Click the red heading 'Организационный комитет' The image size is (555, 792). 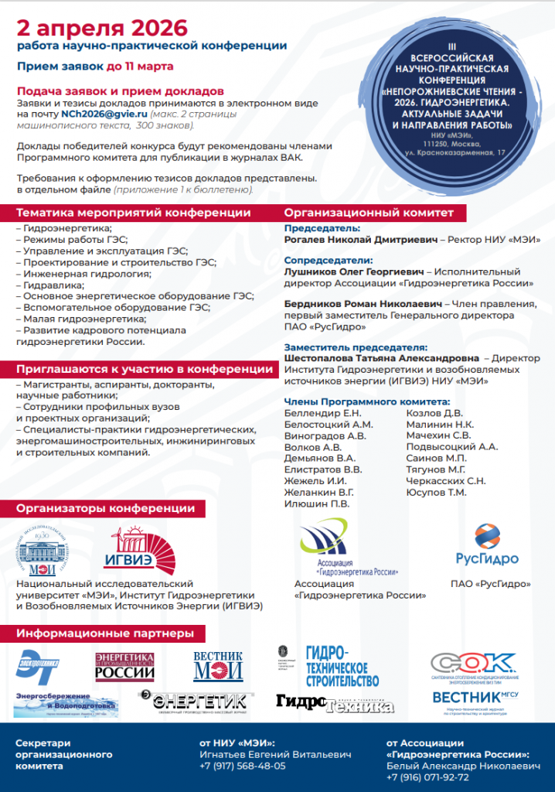pyautogui.click(x=368, y=213)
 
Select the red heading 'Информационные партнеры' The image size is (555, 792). pyautogui.click(x=105, y=634)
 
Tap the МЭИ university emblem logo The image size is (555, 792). pyautogui.click(x=48, y=552)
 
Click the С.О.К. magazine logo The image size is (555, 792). pyautogui.click(x=473, y=664)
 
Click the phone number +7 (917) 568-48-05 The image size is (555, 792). pyautogui.click(x=242, y=766)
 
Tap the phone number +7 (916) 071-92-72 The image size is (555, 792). pyautogui.click(x=428, y=777)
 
